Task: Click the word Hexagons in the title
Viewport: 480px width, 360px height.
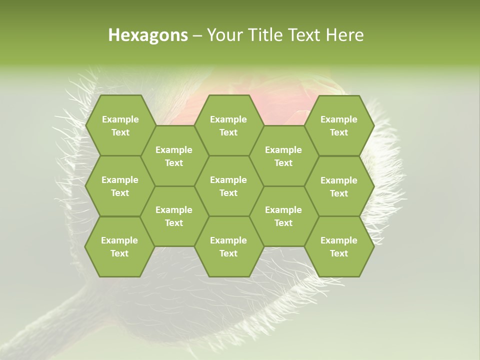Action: coord(148,35)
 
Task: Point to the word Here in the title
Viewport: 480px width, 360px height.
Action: coord(345,35)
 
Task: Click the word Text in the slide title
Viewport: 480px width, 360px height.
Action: coord(306,35)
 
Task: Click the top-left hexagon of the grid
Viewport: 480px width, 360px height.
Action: coord(120,125)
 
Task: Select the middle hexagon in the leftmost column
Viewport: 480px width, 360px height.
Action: coord(120,186)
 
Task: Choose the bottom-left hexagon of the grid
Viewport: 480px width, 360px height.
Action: coord(120,246)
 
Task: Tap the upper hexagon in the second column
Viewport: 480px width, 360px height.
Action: coord(174,156)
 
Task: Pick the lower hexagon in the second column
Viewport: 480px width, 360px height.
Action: coord(174,216)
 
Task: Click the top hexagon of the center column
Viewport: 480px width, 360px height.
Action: coord(228,125)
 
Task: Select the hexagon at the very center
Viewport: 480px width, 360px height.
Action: coord(228,186)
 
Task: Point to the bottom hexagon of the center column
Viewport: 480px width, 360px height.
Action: coord(228,246)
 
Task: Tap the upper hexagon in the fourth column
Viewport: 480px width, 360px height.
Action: coord(283,156)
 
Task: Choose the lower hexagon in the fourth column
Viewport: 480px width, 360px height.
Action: coord(283,216)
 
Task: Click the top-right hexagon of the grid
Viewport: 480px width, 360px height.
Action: coord(339,125)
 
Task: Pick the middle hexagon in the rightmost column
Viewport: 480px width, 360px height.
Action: coord(339,186)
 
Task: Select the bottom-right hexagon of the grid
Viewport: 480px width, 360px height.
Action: coord(339,246)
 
